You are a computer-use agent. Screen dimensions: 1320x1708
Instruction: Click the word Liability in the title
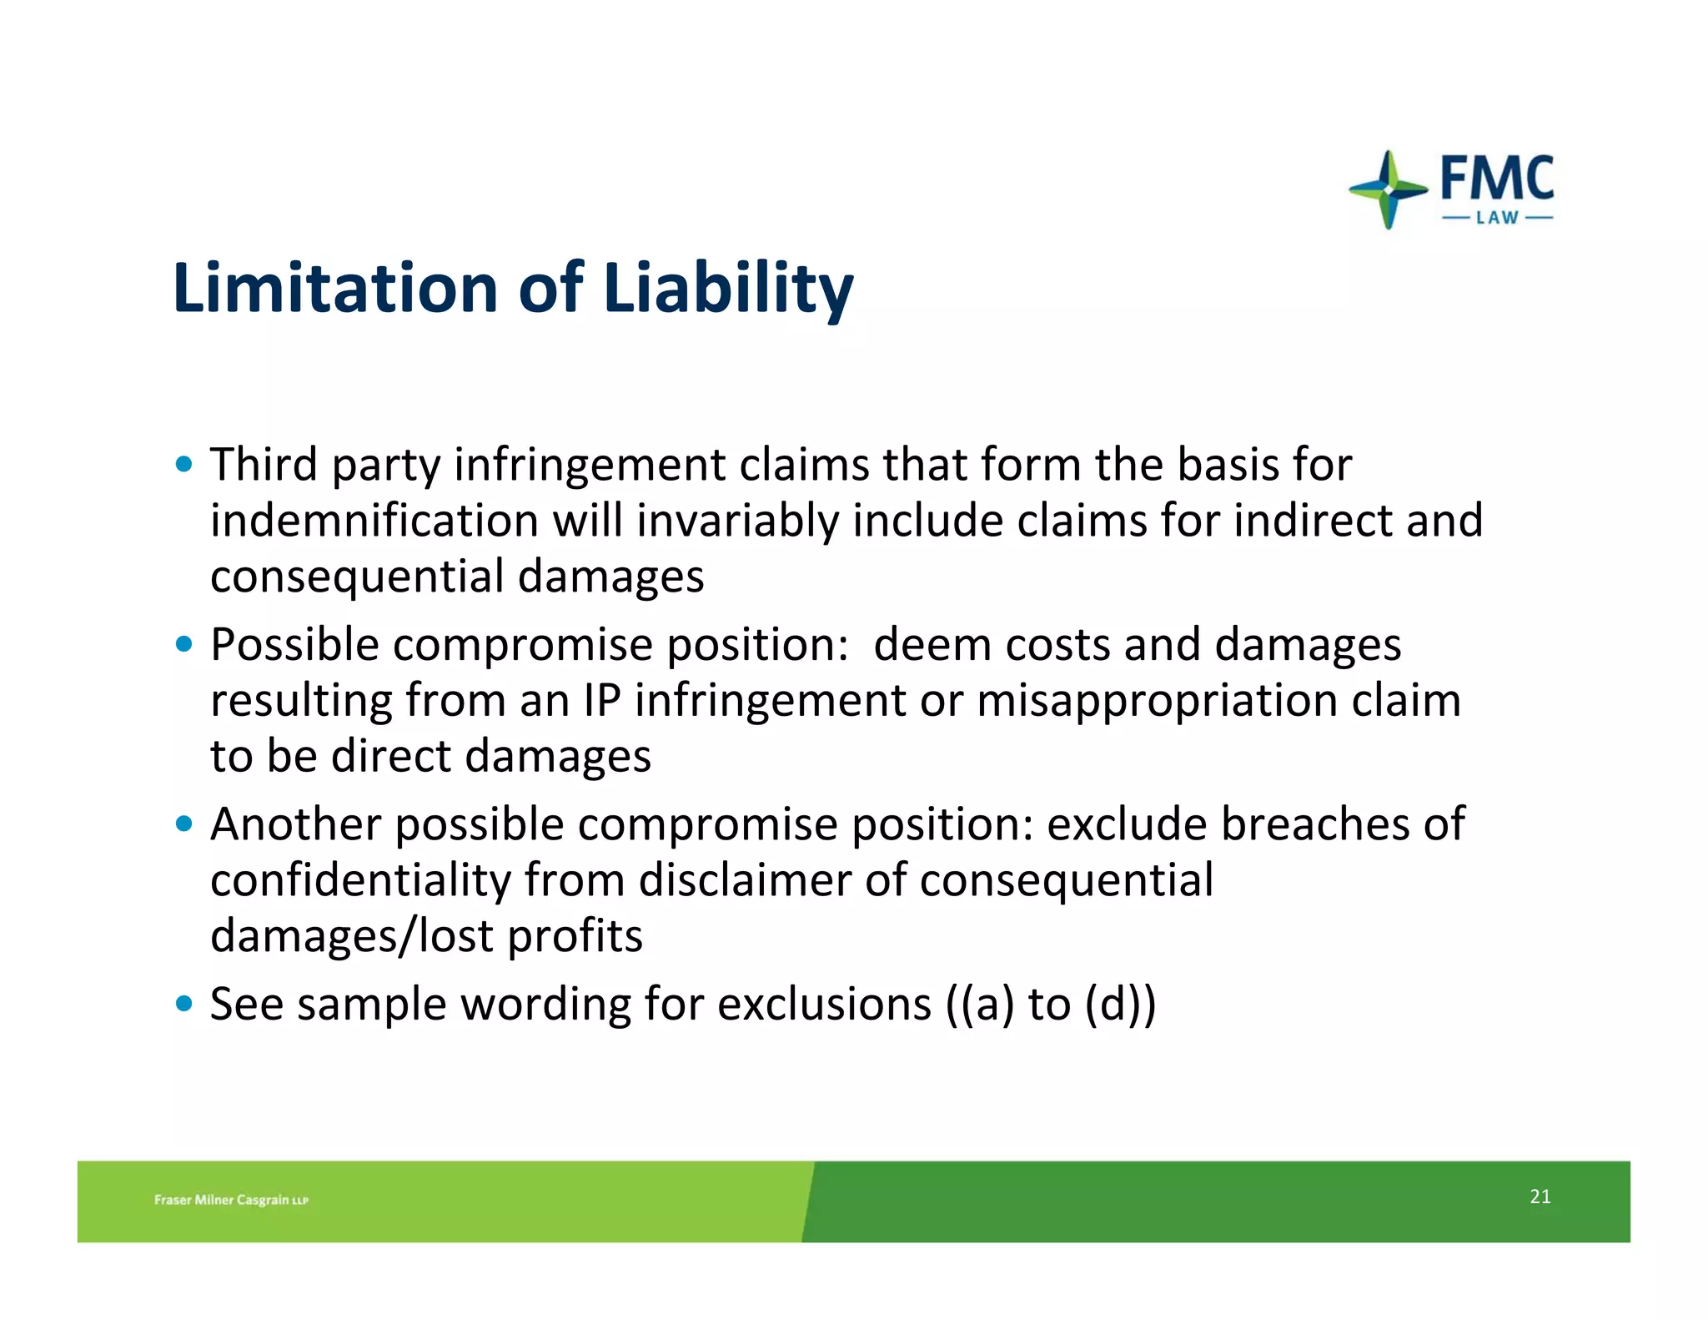727,289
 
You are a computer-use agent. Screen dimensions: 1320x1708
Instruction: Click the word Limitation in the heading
335,289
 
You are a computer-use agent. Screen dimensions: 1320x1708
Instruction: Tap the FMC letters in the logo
1496,179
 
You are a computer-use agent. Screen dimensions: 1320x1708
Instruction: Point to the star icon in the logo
1387,190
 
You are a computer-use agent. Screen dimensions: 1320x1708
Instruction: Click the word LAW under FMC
1497,219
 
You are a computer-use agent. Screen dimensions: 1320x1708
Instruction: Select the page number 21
1540,1197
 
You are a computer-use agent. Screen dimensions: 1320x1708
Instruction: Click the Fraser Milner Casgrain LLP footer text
231,1200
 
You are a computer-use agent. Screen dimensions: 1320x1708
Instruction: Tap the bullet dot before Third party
184,464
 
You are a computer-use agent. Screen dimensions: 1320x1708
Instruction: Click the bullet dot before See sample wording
184,1003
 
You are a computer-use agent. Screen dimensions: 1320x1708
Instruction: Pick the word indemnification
374,521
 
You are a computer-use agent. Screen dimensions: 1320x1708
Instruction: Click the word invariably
737,521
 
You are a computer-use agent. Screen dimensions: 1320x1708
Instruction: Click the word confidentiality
360,880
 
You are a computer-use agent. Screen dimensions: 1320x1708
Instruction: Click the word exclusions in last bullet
824,1004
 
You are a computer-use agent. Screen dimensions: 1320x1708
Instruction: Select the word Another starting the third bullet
295,824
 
